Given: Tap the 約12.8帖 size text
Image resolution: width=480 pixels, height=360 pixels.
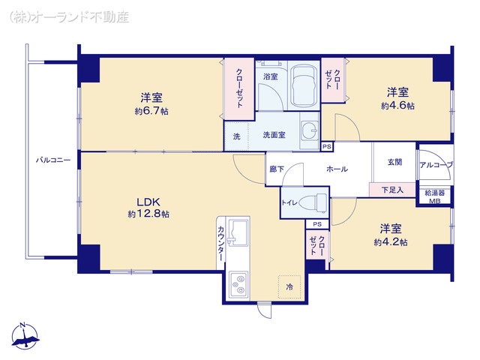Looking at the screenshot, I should (148, 214).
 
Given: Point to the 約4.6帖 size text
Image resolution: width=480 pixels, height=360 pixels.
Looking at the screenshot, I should (397, 106).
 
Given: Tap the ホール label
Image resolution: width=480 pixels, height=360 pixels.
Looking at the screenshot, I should (337, 169).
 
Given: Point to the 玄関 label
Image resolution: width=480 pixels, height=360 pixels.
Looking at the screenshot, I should (394, 162).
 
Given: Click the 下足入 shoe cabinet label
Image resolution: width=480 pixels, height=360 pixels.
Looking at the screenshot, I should (392, 190).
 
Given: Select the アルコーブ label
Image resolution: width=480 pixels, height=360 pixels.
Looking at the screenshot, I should (436, 164).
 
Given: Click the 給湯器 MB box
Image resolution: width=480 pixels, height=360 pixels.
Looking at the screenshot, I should (435, 196).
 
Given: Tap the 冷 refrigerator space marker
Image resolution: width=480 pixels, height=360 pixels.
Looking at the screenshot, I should (289, 287).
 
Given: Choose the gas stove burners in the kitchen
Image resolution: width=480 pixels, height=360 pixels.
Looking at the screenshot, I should (241, 283).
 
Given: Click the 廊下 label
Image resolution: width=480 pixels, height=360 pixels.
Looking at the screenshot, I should (277, 169).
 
